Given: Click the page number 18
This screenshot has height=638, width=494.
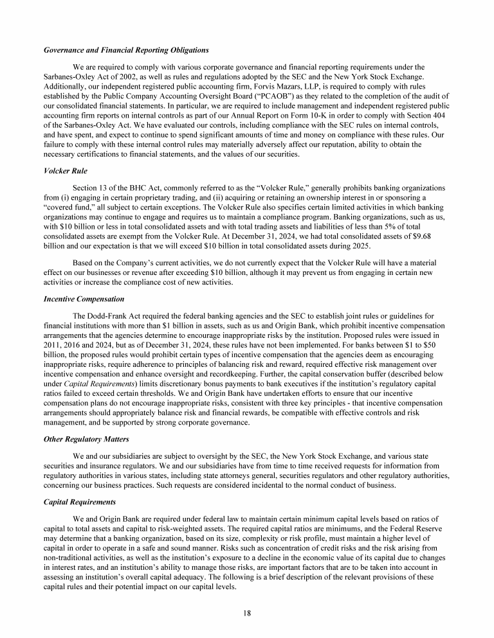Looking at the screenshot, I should [247, 612].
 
